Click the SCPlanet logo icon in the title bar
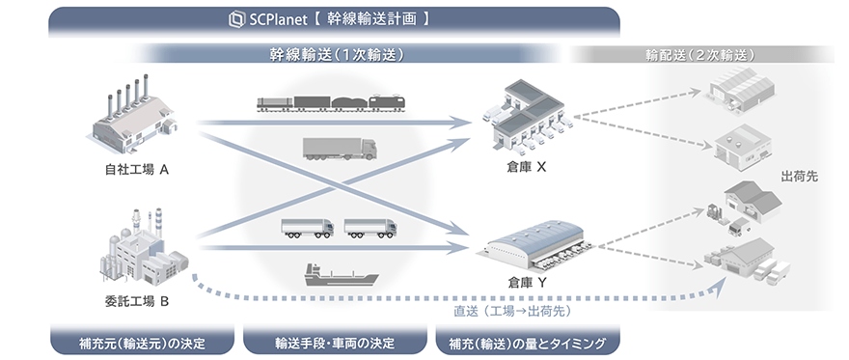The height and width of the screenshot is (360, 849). [234, 18]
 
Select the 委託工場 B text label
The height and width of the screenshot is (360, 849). [137, 302]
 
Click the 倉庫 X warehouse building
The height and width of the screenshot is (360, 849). [526, 120]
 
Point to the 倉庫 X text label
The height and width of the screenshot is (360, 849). [527, 168]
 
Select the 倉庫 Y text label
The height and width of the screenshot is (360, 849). [527, 284]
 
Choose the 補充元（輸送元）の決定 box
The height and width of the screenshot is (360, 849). [142, 343]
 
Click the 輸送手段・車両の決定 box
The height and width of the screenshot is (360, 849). [335, 343]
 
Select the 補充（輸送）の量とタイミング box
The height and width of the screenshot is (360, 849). [527, 343]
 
